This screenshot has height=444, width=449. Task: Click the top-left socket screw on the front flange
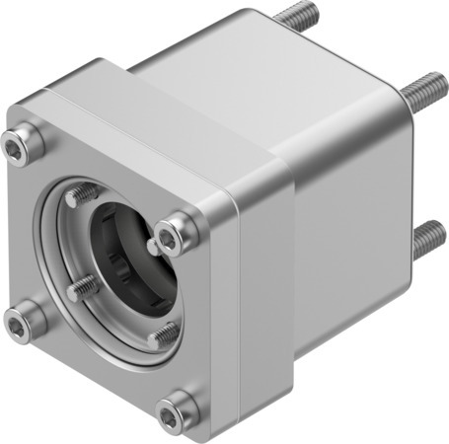click(21, 146)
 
